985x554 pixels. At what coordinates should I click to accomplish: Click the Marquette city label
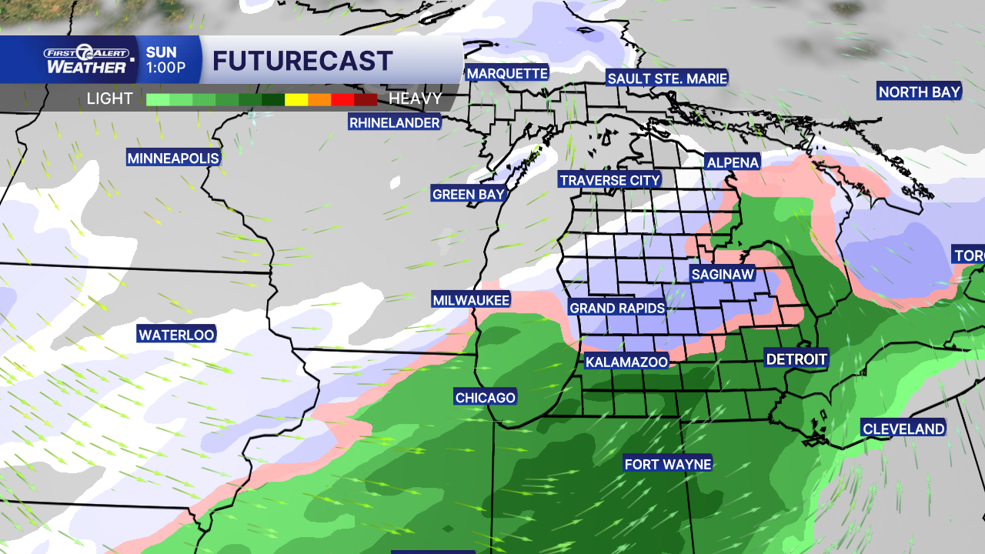(x=507, y=74)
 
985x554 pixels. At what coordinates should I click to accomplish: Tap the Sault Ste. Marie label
(x=667, y=78)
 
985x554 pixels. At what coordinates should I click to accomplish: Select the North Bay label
(x=920, y=92)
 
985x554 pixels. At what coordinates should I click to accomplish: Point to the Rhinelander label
(x=395, y=122)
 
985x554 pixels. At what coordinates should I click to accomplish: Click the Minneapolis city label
(x=173, y=159)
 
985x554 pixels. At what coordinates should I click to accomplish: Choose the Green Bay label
(x=469, y=194)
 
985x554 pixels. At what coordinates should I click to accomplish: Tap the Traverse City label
(x=610, y=180)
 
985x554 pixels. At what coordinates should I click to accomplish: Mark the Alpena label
(x=733, y=162)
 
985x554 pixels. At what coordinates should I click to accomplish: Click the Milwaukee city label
(x=471, y=300)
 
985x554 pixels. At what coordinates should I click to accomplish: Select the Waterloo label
(x=176, y=335)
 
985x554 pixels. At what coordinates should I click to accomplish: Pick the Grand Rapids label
(x=617, y=308)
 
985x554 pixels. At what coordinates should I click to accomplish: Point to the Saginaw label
(x=722, y=274)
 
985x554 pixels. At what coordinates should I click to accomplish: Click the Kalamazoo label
(x=626, y=362)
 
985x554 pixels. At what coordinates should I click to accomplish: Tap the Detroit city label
(x=796, y=359)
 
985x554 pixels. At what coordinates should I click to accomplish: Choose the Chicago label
(x=485, y=397)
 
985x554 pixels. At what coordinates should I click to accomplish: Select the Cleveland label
(x=903, y=429)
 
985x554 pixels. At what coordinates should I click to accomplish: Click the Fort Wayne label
(x=668, y=464)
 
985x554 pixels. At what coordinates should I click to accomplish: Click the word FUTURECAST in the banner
(x=302, y=61)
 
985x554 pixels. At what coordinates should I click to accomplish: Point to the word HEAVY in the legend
(x=416, y=98)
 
